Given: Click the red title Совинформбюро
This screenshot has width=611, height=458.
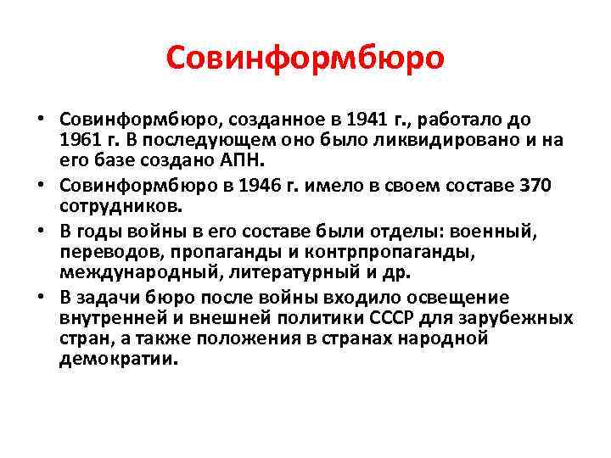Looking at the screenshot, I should (305, 58).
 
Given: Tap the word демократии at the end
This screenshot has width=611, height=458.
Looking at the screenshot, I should (119, 358).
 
